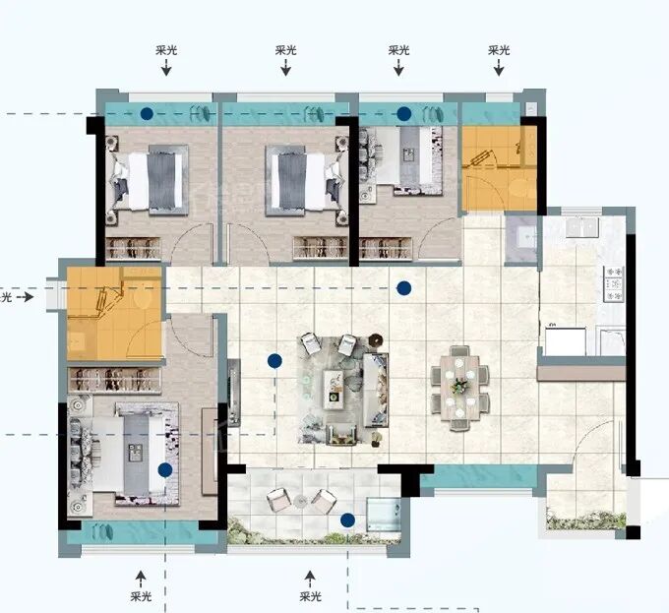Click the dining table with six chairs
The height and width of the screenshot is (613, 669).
(x=459, y=388)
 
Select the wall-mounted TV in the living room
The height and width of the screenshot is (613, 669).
(x=233, y=393)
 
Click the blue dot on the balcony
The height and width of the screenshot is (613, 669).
(x=347, y=520)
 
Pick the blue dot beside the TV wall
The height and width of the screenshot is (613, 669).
(x=274, y=361)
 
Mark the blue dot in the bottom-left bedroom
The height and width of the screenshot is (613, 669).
(x=164, y=470)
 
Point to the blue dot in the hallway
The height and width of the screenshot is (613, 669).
(x=403, y=288)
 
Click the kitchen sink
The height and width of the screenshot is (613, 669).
(x=582, y=226)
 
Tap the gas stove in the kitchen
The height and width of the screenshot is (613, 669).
(x=614, y=283)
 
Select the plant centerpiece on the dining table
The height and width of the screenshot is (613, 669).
(x=459, y=385)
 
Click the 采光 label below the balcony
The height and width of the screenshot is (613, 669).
(x=310, y=596)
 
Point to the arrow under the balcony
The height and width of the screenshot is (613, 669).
(x=310, y=579)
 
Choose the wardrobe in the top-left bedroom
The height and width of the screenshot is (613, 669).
(x=133, y=248)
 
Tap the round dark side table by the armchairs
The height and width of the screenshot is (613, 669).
(x=376, y=340)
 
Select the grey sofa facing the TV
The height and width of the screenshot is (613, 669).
(x=376, y=390)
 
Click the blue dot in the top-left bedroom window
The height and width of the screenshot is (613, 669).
(x=147, y=113)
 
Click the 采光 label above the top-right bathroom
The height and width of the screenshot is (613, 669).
(x=499, y=50)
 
